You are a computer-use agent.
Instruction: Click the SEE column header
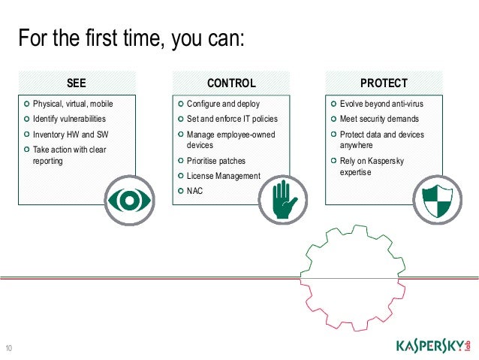pos(77,83)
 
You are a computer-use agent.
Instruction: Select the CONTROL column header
pos(231,83)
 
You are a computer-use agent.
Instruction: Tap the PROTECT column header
pos(384,83)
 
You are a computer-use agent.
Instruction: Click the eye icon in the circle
pos(128,199)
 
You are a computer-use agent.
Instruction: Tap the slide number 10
pos(9,347)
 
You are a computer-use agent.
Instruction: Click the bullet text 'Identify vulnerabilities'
pos(69,119)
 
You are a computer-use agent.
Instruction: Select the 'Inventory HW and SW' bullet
pos(71,135)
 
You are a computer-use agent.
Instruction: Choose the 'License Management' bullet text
pos(223,176)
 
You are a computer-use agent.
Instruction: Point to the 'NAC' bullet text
pos(194,191)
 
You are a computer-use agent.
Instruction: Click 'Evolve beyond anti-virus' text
pos(381,104)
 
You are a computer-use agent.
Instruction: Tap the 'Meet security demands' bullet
pos(379,119)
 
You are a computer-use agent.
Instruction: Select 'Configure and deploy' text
pos(223,104)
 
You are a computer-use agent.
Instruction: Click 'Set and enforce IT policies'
pos(232,119)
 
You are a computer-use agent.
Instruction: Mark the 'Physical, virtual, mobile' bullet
pos(73,104)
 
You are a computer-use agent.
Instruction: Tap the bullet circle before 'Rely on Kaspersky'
pos(333,160)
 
